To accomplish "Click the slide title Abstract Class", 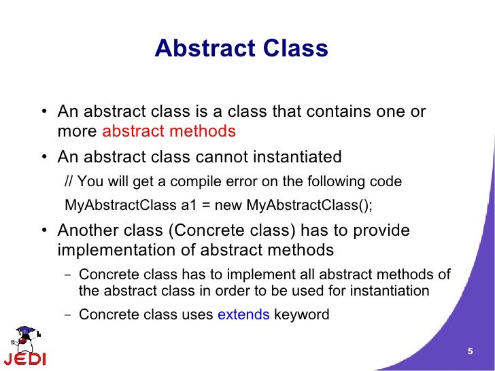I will pos(241,49).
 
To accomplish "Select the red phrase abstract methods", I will pos(169,131).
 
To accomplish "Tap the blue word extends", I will pos(243,315).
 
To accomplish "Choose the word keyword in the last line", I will pos(301,315).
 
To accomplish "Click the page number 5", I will pos(469,351).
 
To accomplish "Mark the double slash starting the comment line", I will pos(68,183).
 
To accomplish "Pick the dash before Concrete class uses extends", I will pos(67,315).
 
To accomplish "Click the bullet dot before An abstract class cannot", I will pos(43,158).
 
